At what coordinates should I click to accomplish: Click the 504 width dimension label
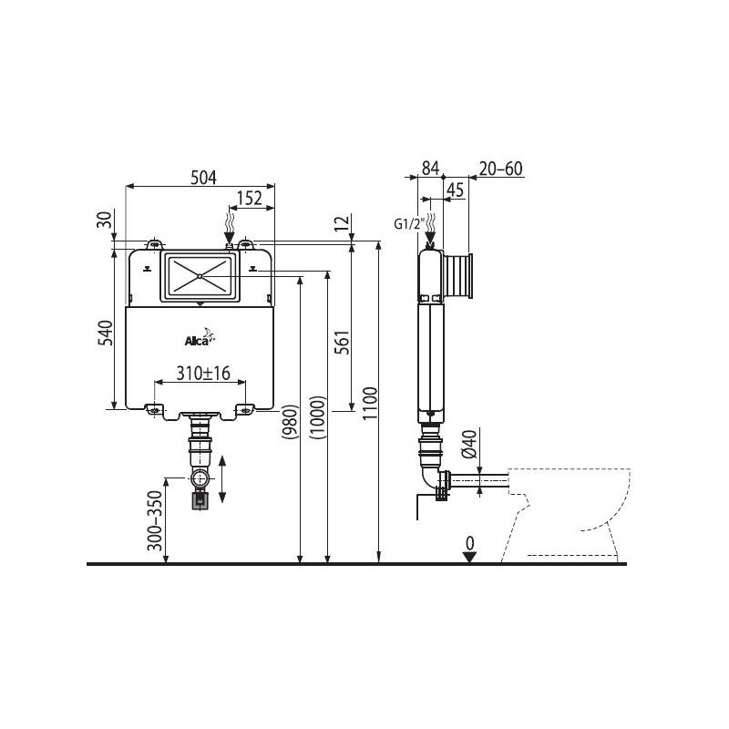[x=203, y=177]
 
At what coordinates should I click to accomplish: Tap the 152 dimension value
[x=250, y=199]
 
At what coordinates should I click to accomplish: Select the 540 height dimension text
[x=106, y=333]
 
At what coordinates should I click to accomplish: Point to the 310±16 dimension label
[x=203, y=373]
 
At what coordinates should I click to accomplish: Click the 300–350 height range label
[x=155, y=520]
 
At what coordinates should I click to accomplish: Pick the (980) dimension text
[x=289, y=422]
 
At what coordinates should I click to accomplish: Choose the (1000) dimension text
[x=318, y=417]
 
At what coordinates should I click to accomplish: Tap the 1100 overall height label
[x=370, y=403]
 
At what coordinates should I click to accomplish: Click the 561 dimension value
[x=342, y=343]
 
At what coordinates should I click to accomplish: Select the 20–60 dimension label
[x=501, y=169]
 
